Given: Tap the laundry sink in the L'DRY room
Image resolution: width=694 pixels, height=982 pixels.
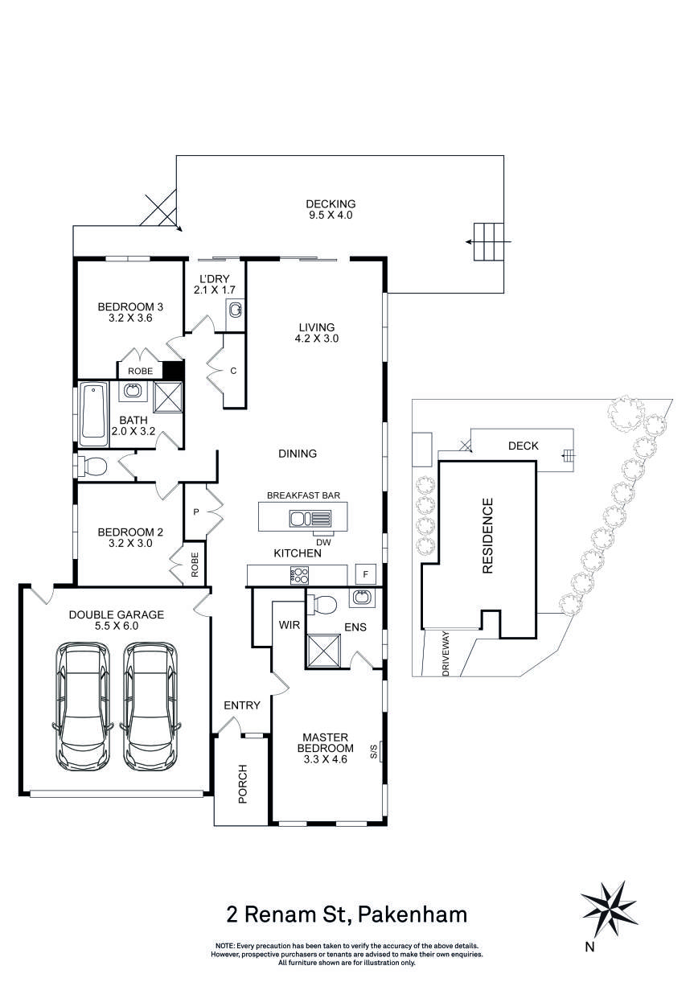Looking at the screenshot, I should [235, 310].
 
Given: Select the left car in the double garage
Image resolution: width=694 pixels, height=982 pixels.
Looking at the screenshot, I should [80, 705].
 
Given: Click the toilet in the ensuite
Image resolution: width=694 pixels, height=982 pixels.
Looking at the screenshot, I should [326, 602].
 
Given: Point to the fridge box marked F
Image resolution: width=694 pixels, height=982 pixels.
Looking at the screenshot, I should [366, 574].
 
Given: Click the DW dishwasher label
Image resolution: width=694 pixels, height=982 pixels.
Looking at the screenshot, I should [323, 541].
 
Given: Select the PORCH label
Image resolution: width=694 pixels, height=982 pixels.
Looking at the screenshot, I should [243, 783].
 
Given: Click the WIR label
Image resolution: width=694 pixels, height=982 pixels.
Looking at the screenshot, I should [289, 624].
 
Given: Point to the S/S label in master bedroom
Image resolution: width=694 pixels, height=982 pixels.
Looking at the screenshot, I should [374, 754].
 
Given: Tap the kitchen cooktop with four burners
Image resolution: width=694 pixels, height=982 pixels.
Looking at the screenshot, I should [300, 575].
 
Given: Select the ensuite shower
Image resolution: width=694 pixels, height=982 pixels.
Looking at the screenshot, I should [326, 649].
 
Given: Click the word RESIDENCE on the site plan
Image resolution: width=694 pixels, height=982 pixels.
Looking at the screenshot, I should [487, 536].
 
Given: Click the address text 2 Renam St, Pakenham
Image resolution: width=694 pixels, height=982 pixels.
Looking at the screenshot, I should [346, 914].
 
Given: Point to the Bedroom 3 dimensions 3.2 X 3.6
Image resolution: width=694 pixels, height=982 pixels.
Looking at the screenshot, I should [130, 318].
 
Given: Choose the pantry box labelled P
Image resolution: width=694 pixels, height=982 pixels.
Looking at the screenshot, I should [195, 512].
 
